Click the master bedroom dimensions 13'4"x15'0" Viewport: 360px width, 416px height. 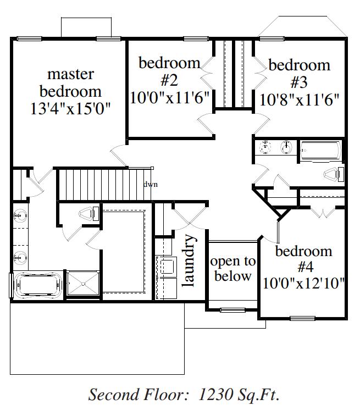pos(70,108)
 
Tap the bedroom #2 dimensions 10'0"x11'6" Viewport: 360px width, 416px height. pos(169,97)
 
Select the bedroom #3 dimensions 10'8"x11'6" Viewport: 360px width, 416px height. pos(299,100)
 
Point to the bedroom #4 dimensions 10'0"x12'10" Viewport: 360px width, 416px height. pos(303,283)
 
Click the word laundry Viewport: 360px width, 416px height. pos(189,260)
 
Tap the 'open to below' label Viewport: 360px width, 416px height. pos(233,269)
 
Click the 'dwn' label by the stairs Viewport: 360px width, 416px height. pos(151,184)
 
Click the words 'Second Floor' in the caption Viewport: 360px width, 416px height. pos(136,394)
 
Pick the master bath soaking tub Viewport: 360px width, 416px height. pos(38,285)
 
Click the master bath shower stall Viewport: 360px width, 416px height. pos(83,283)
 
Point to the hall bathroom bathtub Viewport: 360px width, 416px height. pos(321,151)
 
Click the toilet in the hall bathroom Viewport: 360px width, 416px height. pos(334,174)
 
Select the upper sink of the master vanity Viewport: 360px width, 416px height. pos(20,216)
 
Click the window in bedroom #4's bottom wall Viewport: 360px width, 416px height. pos(302,318)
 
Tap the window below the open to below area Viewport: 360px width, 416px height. pos(232,310)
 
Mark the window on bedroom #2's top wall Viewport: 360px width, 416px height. pos(196,38)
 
